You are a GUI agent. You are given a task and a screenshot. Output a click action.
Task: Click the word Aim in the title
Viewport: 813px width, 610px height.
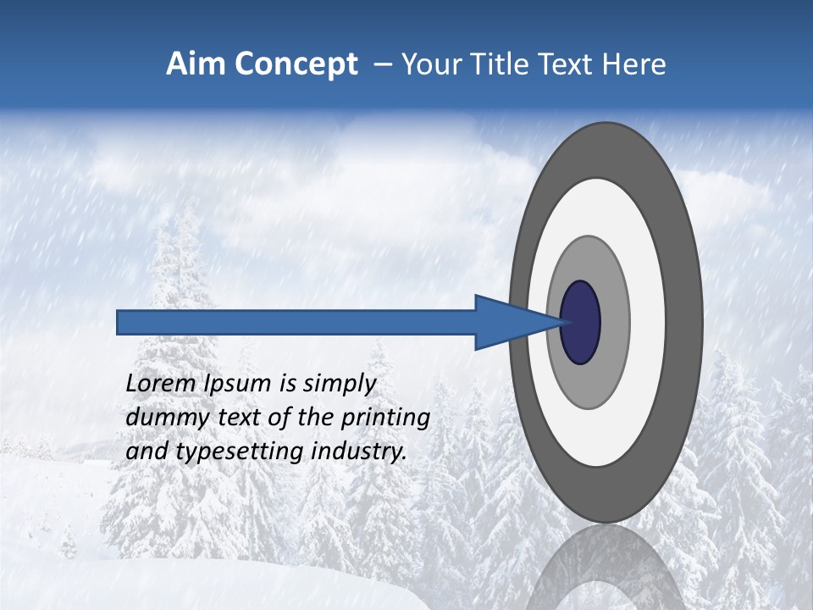196,64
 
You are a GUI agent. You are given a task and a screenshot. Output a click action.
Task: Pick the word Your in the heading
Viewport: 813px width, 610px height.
432,64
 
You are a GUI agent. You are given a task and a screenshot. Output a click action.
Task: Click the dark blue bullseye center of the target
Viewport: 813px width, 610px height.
580,323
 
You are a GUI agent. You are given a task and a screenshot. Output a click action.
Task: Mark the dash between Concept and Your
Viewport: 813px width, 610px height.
383,64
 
